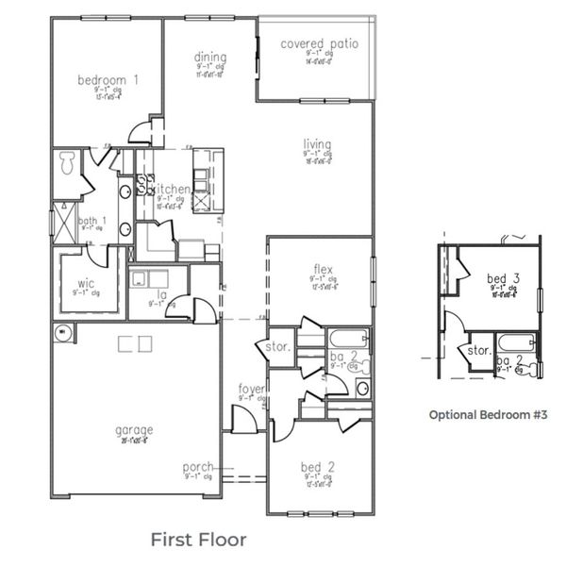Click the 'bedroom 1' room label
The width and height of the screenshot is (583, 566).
[108, 80]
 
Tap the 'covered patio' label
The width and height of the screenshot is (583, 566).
[315, 43]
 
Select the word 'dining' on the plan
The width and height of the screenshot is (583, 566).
[210, 58]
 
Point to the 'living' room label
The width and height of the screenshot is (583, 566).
[317, 144]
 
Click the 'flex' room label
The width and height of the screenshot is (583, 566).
[323, 268]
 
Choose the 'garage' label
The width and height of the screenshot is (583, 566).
[134, 430]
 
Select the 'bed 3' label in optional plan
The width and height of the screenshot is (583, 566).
[497, 278]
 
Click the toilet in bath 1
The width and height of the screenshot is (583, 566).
[67, 164]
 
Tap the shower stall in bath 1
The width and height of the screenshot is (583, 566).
[63, 220]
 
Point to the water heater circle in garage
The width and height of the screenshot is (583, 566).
[63, 332]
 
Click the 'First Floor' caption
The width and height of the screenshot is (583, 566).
[198, 540]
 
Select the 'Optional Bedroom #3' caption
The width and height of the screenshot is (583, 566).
[488, 414]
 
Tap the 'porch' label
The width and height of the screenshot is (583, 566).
[198, 467]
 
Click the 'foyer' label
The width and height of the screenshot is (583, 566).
[251, 388]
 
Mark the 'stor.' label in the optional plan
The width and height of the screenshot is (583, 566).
[479, 350]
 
